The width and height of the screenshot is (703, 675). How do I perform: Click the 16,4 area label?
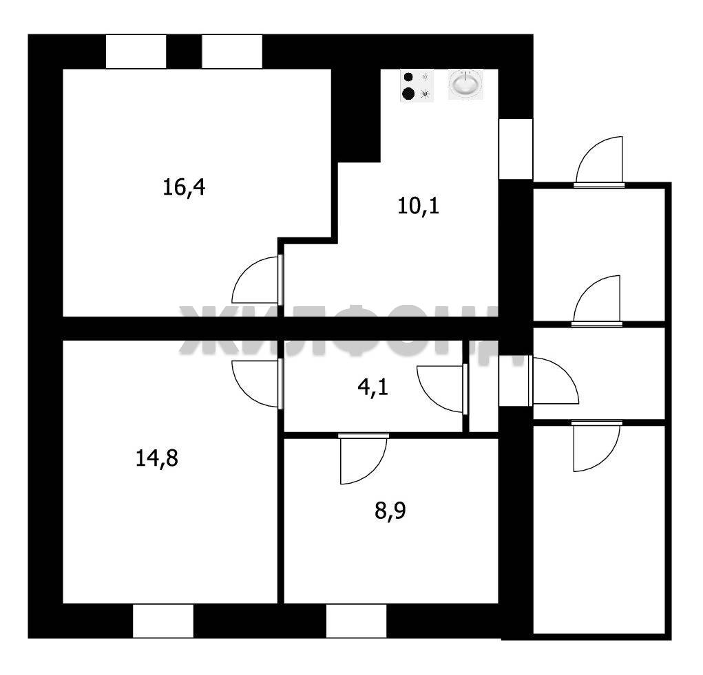coord(184,187)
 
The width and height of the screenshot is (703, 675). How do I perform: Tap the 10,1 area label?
coord(419,205)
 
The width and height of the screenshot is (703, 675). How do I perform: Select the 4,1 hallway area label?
coord(373,389)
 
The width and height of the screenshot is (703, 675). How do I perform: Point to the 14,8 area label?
coord(157,458)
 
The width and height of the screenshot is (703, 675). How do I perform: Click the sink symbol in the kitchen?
coord(465,85)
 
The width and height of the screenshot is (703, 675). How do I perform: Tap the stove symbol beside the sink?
coord(417,85)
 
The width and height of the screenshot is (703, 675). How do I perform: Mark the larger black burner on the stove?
coord(408,93)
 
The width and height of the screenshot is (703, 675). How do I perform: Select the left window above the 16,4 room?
coord(136,52)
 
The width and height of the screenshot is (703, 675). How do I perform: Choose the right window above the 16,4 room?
coord(232,52)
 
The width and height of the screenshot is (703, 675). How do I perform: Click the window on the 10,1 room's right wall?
coord(516,148)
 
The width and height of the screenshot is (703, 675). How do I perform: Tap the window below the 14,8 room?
coord(163,621)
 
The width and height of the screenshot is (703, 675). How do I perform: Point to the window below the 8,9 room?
coord(356,621)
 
